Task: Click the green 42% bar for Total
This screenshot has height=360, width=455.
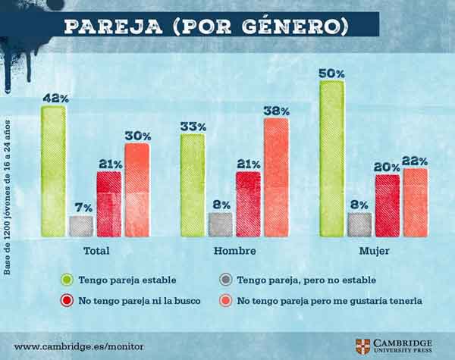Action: (x=53, y=171)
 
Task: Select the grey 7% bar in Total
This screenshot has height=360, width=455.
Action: (x=80, y=226)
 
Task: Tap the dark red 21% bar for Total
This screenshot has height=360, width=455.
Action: (x=108, y=204)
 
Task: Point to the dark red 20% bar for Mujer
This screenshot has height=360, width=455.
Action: (x=387, y=205)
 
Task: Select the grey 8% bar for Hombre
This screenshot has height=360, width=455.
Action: (x=220, y=224)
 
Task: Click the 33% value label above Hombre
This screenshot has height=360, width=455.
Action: (x=193, y=127)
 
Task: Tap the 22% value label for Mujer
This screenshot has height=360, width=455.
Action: (x=415, y=161)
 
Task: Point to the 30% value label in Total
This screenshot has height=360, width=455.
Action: (x=137, y=136)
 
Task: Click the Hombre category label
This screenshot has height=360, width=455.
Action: (x=234, y=251)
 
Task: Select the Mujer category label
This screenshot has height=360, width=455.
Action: (x=374, y=251)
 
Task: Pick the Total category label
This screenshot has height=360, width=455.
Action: (x=96, y=251)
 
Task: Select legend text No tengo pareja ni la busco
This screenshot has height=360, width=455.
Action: (x=140, y=301)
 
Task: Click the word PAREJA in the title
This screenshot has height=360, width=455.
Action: (x=106, y=26)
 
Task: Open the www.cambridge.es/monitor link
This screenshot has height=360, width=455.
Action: (x=79, y=346)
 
